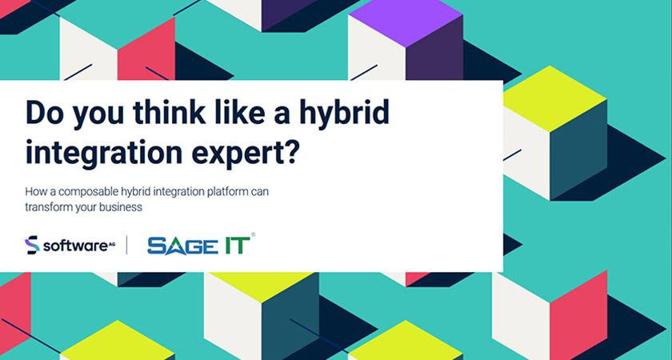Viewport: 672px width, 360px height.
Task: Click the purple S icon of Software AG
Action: (32, 245)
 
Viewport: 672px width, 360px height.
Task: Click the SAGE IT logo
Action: (198, 245)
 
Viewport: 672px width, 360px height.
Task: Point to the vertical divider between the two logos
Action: (126, 245)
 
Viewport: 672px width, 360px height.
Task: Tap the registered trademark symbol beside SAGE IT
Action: (254, 235)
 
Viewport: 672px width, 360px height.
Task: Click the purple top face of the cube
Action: (406, 18)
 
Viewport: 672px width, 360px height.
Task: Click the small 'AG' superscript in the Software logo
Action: (111, 242)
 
